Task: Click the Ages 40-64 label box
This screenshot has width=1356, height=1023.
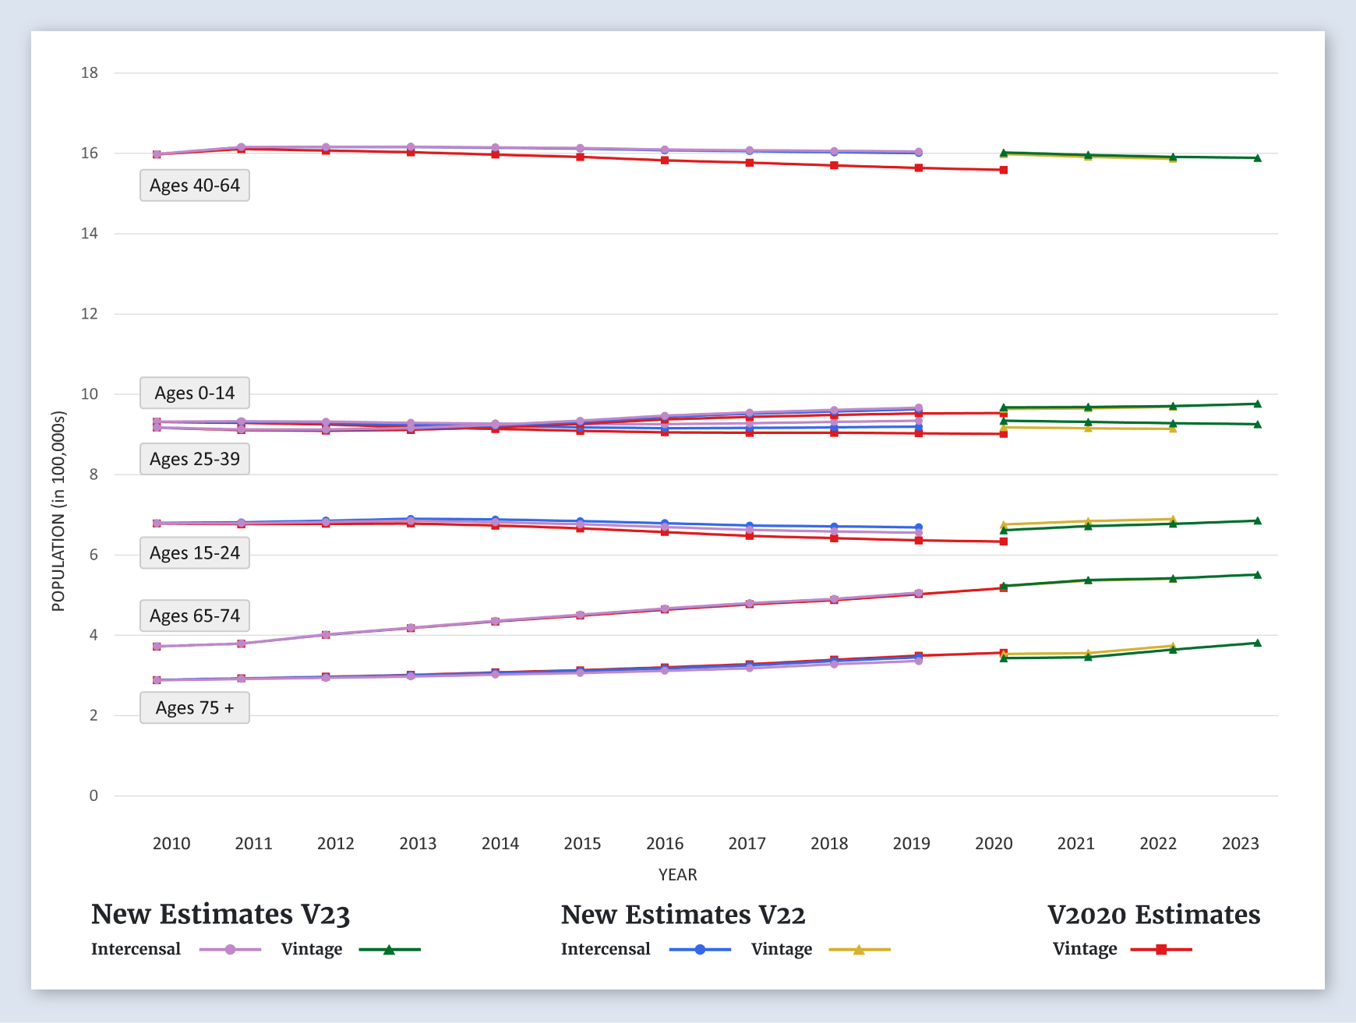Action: coord(195,185)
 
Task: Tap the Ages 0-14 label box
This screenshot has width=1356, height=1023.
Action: coord(195,393)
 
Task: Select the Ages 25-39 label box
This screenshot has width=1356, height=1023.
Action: coord(195,459)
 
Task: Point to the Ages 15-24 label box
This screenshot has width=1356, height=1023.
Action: coord(195,553)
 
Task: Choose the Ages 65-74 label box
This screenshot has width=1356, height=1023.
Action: coord(195,616)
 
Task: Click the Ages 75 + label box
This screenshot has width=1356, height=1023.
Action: coord(195,707)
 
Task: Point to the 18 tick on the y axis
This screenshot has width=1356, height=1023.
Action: coord(90,73)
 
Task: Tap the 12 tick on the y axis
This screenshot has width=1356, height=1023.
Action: coord(90,314)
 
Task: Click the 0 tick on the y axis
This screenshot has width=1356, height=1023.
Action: coord(94,795)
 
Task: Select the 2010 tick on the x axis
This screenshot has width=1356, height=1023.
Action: coord(171,843)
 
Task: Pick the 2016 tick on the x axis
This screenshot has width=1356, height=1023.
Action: coord(665,843)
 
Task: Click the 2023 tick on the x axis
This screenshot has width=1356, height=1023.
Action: coord(1241,843)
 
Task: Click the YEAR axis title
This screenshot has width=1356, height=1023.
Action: coord(677,875)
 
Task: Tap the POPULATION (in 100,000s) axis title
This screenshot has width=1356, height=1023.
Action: coord(58,511)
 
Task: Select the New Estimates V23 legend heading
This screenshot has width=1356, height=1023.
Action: coord(221,914)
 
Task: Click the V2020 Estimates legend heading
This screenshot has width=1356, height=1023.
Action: coord(1153,914)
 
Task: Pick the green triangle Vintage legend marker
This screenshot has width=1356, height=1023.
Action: coord(389,950)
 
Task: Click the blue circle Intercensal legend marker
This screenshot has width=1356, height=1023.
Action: coord(700,950)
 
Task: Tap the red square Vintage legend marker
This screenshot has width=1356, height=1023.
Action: coord(1161,950)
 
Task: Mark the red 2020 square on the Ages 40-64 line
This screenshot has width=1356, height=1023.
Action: coord(1004,170)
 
